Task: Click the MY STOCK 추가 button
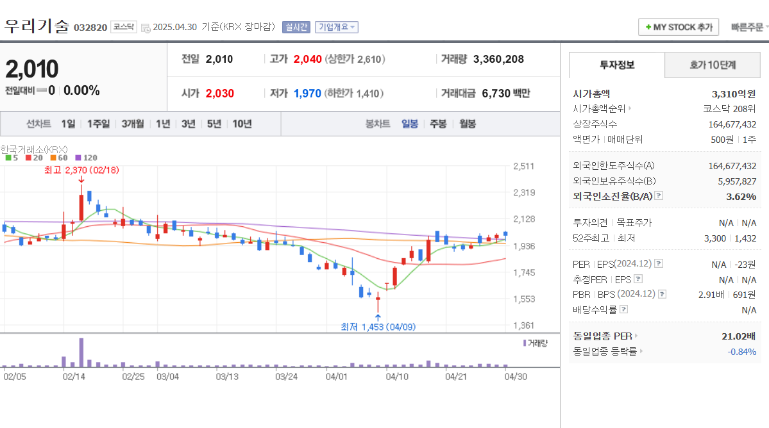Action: (x=679, y=27)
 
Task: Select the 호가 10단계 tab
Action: (x=713, y=65)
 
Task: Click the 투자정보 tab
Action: (x=617, y=65)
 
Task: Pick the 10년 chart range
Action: (x=242, y=124)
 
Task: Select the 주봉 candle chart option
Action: (x=438, y=124)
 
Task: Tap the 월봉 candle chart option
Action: (x=468, y=124)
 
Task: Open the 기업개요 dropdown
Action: (x=336, y=27)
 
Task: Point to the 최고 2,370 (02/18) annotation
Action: (x=81, y=170)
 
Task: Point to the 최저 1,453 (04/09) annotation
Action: (x=378, y=327)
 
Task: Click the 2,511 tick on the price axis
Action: (x=524, y=167)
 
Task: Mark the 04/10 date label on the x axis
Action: (x=396, y=377)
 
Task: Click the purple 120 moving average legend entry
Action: (x=86, y=158)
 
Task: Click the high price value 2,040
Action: (x=307, y=59)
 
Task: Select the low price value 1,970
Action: (x=307, y=94)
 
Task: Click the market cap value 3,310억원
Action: (x=734, y=94)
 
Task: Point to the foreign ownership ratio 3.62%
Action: (x=741, y=196)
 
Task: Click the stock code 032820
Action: (x=90, y=28)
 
